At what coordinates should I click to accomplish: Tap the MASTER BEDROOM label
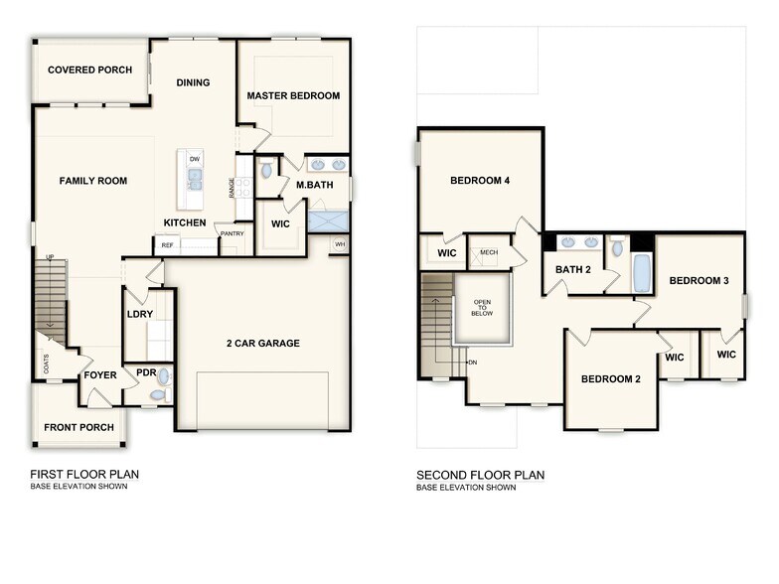click(293, 96)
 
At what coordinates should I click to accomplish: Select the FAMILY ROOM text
click(93, 181)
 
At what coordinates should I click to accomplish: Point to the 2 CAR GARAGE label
click(263, 344)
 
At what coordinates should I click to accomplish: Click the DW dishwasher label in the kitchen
click(195, 159)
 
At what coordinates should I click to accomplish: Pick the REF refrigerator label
click(167, 244)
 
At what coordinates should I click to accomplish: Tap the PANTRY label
click(233, 234)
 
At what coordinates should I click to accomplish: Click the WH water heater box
click(340, 244)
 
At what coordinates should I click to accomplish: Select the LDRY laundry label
click(140, 315)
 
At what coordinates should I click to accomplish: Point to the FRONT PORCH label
click(78, 428)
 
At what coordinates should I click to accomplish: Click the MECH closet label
click(488, 252)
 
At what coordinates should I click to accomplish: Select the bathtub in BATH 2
click(641, 273)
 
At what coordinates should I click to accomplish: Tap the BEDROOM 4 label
click(480, 181)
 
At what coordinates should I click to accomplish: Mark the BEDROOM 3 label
click(699, 281)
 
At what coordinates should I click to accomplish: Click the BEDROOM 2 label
click(611, 378)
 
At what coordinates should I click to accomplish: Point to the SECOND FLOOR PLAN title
click(480, 476)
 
